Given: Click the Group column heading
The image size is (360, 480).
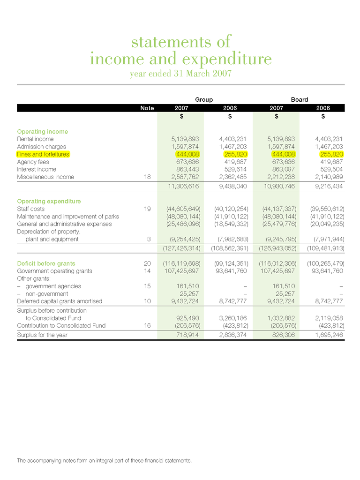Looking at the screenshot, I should [204, 99].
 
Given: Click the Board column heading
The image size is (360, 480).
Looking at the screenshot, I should [300, 99].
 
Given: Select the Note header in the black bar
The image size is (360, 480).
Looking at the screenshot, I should [147, 108].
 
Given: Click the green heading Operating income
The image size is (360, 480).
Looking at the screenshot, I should [43, 132].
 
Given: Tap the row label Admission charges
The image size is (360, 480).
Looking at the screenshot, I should [42, 147].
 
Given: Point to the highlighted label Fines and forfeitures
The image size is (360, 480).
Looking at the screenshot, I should [43, 154].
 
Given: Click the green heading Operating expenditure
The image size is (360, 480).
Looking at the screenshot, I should [49, 201].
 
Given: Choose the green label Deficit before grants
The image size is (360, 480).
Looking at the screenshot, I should [46, 263].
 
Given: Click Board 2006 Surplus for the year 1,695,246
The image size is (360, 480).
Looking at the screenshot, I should [326, 336].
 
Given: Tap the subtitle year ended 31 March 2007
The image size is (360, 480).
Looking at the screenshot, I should [180, 74].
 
